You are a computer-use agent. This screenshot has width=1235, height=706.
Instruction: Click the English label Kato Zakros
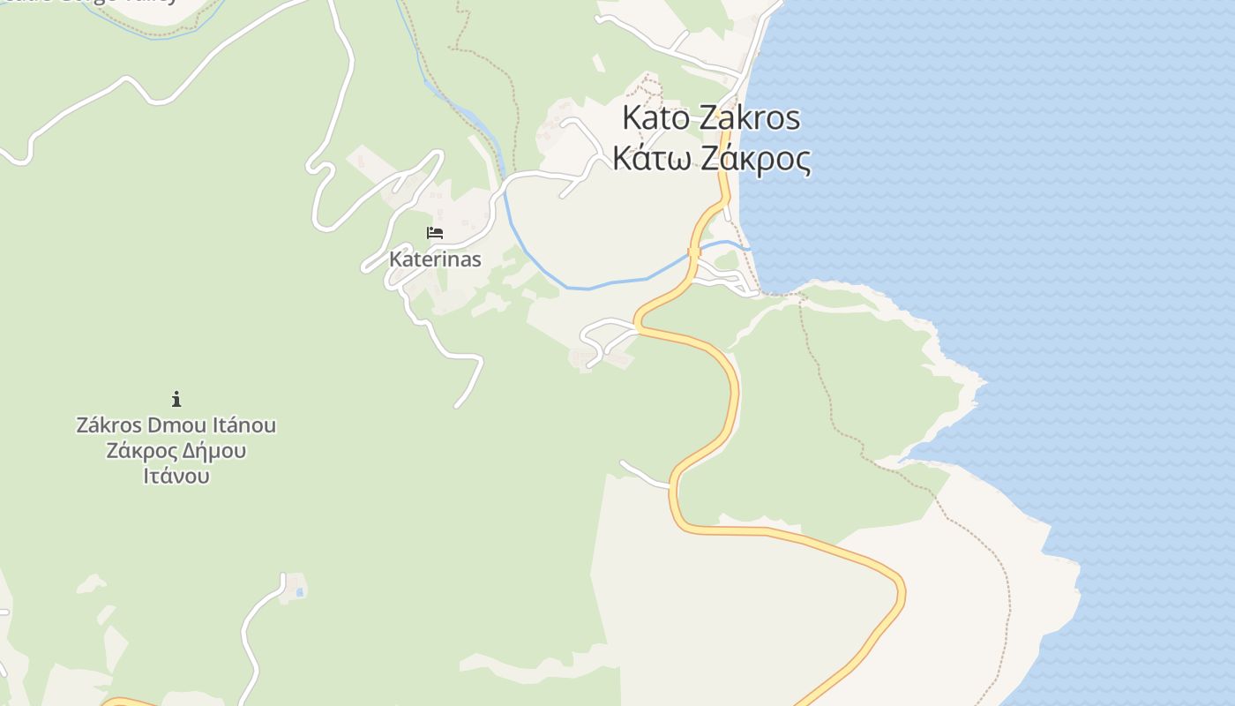[711, 117]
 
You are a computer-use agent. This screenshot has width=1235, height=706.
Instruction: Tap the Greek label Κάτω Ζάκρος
[711, 160]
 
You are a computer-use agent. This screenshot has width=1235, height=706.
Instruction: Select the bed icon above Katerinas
[435, 233]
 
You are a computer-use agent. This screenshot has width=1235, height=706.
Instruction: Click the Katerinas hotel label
[435, 259]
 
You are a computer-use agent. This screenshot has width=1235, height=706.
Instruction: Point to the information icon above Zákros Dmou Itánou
[176, 399]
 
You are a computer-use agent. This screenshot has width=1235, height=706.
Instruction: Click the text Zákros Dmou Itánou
[176, 425]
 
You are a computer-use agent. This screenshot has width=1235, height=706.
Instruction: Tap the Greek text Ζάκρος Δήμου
[176, 451]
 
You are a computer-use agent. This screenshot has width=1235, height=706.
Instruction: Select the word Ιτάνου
[176, 477]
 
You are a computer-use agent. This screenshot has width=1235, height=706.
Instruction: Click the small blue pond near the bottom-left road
[301, 591]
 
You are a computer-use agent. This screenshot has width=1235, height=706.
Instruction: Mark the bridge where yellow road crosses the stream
[694, 252]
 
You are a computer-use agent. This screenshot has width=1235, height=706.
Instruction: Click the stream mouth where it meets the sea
[748, 248]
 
